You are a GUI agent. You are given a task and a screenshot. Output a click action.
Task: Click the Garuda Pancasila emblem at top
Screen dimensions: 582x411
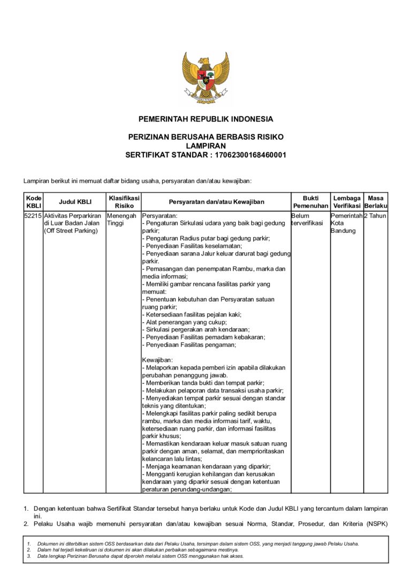[205, 77]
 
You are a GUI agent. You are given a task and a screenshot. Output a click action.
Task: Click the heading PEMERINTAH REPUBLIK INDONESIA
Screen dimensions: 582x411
[205, 119]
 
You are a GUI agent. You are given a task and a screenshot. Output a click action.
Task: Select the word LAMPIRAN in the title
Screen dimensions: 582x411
[205, 146]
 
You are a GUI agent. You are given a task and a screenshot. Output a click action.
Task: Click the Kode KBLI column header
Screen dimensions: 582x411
[33, 202]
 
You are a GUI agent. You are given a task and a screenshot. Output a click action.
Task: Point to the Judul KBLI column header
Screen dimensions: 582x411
[75, 202]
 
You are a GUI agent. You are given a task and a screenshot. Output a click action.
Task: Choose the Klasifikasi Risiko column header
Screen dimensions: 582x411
[124, 202]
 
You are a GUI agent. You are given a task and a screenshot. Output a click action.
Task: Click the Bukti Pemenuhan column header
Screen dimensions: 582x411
[310, 202]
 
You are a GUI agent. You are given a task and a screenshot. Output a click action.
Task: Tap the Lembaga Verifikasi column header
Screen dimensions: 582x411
[346, 202]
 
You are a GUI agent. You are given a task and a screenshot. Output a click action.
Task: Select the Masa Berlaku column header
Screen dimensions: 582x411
[376, 202]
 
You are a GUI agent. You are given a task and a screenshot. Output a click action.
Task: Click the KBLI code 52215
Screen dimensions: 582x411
[33, 216]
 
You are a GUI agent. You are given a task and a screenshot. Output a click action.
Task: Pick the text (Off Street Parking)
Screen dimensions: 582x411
[71, 231]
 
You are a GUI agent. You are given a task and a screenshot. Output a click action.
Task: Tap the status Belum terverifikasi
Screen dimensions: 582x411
[307, 220]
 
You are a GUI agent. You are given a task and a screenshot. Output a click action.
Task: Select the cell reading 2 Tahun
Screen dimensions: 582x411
[375, 216]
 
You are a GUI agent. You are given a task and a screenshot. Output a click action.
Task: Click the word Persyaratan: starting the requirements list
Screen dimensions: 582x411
[156, 216]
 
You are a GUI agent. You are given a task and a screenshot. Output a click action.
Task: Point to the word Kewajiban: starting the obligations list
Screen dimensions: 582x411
[154, 360]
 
